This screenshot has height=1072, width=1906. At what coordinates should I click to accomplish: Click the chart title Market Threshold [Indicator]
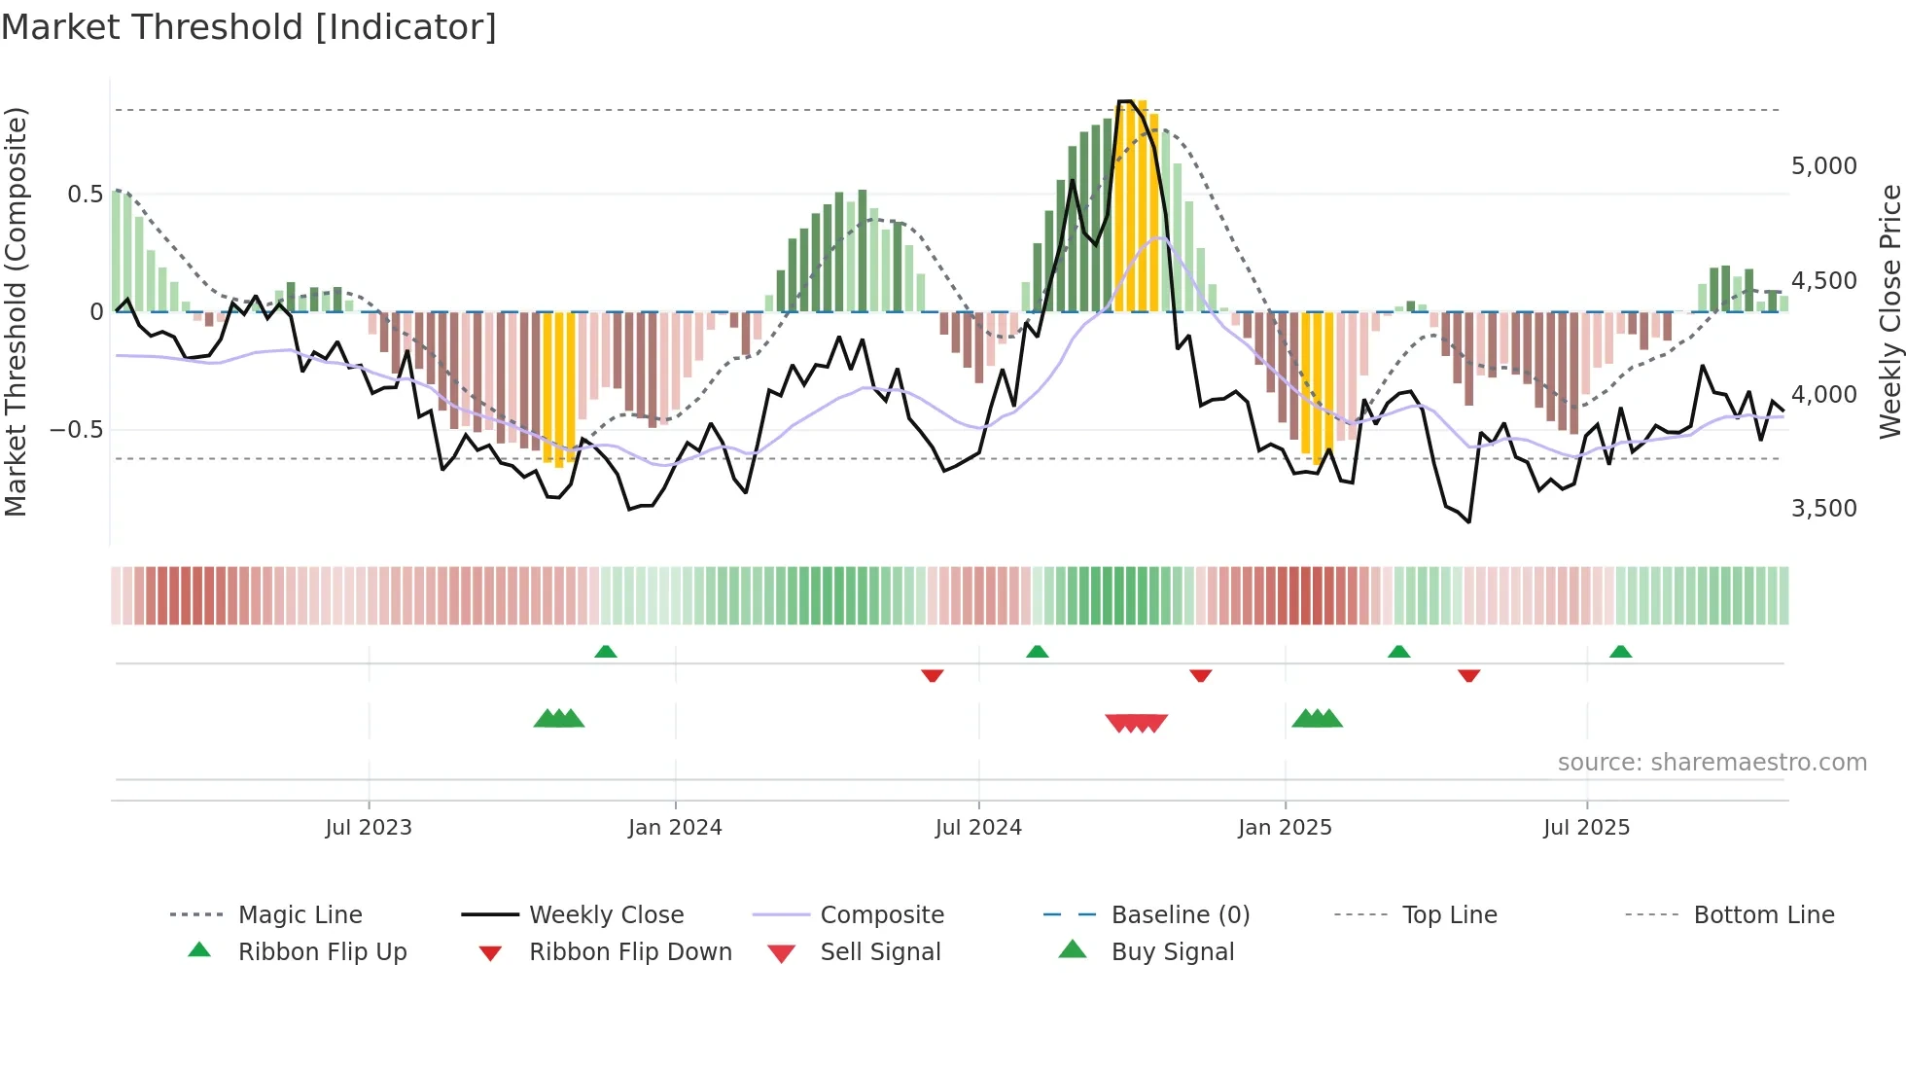[x=249, y=27]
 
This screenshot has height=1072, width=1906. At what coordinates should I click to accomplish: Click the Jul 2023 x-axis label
[x=369, y=828]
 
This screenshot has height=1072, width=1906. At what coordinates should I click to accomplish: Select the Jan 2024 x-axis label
[x=675, y=828]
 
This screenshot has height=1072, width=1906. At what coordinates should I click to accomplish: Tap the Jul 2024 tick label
[x=978, y=828]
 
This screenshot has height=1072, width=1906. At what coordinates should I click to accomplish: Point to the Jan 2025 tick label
[x=1285, y=828]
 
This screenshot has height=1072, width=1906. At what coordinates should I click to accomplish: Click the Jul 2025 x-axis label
[x=1586, y=828]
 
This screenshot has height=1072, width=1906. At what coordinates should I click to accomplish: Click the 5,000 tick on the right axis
[x=1823, y=166]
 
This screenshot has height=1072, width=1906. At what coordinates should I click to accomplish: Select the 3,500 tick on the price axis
[x=1823, y=509]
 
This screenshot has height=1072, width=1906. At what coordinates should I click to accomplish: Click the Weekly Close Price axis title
[x=1889, y=311]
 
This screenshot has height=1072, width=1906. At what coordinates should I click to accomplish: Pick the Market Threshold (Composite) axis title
[x=16, y=311]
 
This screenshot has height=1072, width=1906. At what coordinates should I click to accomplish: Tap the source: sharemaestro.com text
[x=1712, y=763]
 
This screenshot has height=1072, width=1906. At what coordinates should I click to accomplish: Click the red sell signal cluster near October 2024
[x=1136, y=723]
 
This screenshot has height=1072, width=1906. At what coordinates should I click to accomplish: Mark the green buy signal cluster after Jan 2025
[x=1317, y=719]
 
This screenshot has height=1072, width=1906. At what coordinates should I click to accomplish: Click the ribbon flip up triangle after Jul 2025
[x=1620, y=652]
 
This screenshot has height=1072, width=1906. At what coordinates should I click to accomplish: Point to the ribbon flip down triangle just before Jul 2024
[x=932, y=675]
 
